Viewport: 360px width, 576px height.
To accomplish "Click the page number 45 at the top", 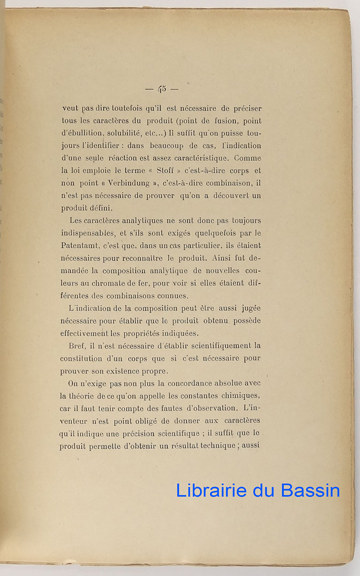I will click(161, 89).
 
